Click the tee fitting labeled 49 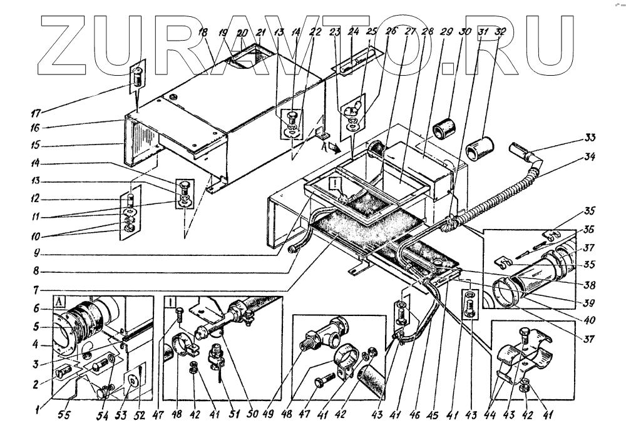(323, 339)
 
